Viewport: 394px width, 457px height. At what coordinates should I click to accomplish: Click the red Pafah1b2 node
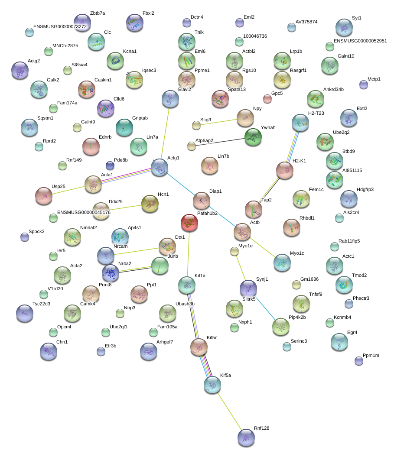(189, 223)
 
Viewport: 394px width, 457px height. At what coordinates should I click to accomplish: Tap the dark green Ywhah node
(253, 137)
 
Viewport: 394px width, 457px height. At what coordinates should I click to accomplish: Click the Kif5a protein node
(212, 385)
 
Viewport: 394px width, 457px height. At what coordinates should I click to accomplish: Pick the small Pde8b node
(110, 165)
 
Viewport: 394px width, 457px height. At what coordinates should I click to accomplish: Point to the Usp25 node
(44, 196)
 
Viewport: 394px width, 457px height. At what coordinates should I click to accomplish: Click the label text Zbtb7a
(98, 13)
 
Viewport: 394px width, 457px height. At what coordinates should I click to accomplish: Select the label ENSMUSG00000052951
(360, 41)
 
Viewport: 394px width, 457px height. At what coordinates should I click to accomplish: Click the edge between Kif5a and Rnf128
(230, 412)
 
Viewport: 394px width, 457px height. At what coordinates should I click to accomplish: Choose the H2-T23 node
(300, 123)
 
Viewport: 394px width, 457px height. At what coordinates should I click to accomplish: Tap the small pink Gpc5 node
(267, 99)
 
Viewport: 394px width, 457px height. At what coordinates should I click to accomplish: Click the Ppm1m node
(358, 360)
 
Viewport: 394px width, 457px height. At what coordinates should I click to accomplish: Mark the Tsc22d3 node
(24, 313)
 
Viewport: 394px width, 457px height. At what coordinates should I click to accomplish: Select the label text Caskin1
(103, 80)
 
